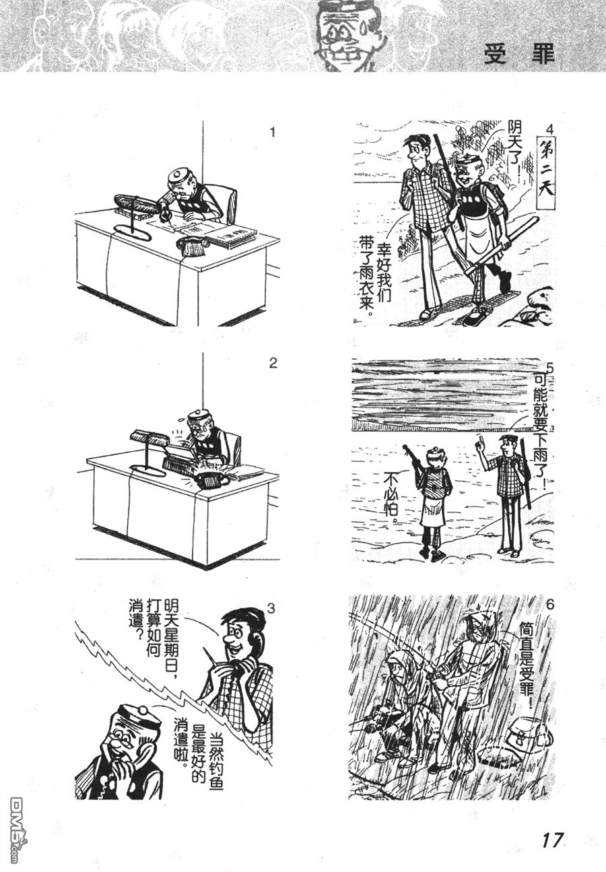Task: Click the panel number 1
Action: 273,133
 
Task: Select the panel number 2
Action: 273,364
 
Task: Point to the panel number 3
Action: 271,608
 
